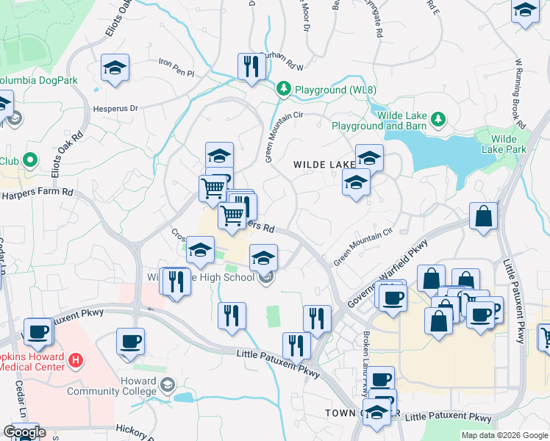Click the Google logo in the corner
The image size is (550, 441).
click(x=24, y=432)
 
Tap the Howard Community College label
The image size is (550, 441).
click(x=112, y=387)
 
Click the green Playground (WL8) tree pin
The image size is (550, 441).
click(x=283, y=89)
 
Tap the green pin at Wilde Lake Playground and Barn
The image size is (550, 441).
click(x=439, y=118)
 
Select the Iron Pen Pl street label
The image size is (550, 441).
click(x=176, y=73)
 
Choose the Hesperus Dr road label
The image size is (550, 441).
click(x=115, y=108)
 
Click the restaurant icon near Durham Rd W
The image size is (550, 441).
click(x=251, y=66)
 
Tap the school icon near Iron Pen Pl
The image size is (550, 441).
click(x=115, y=68)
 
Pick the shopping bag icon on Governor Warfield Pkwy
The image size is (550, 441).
click(x=483, y=218)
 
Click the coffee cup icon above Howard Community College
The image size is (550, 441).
click(x=130, y=342)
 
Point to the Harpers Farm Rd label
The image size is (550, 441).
click(x=37, y=193)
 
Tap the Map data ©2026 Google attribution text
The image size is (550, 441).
click(x=504, y=435)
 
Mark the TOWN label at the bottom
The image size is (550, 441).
click(x=342, y=414)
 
